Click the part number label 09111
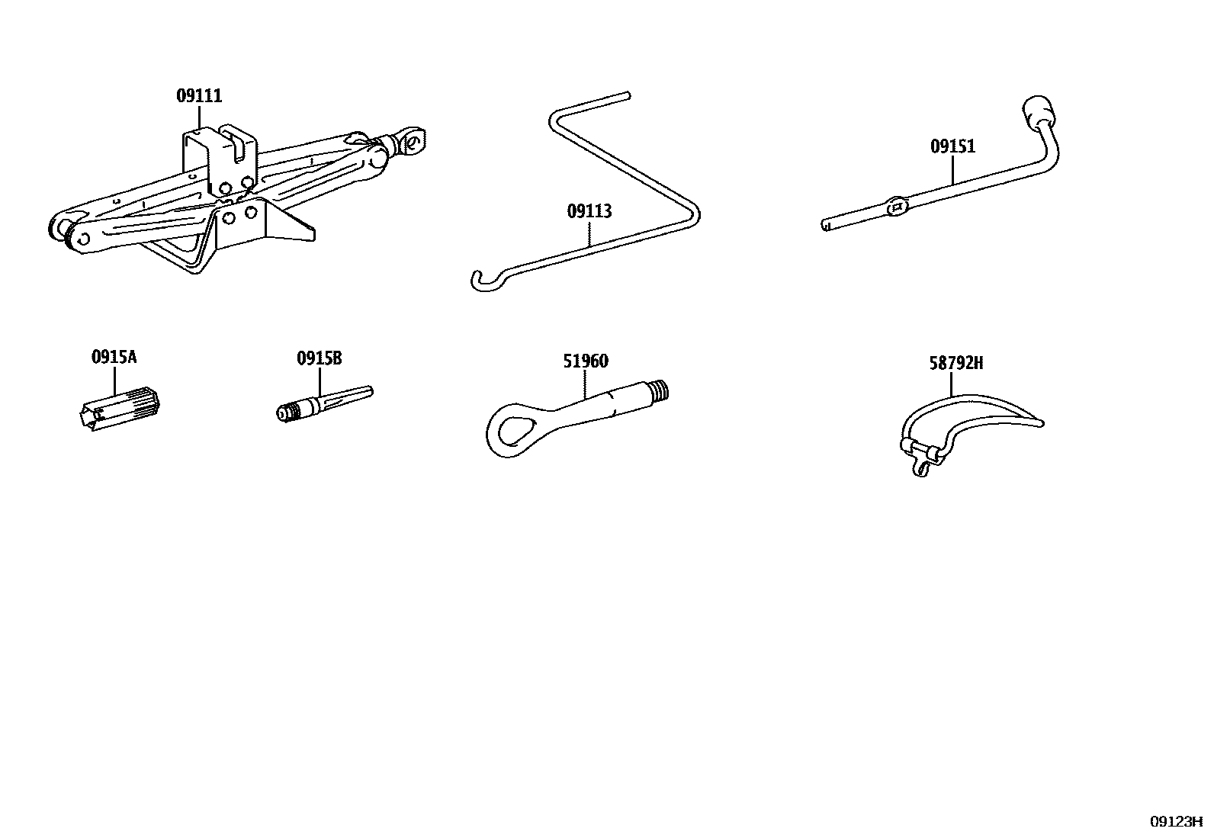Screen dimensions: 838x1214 [199, 96]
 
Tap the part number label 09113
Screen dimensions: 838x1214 [589, 211]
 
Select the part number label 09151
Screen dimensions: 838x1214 [952, 146]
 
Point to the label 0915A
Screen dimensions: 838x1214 [114, 357]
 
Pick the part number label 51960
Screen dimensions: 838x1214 [586, 361]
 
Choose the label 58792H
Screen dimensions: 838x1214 [955, 364]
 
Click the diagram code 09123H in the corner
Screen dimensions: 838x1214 [1175, 821]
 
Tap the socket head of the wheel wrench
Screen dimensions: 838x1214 [1037, 111]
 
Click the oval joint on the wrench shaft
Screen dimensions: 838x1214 [898, 206]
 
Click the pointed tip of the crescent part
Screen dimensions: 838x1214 [1039, 422]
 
